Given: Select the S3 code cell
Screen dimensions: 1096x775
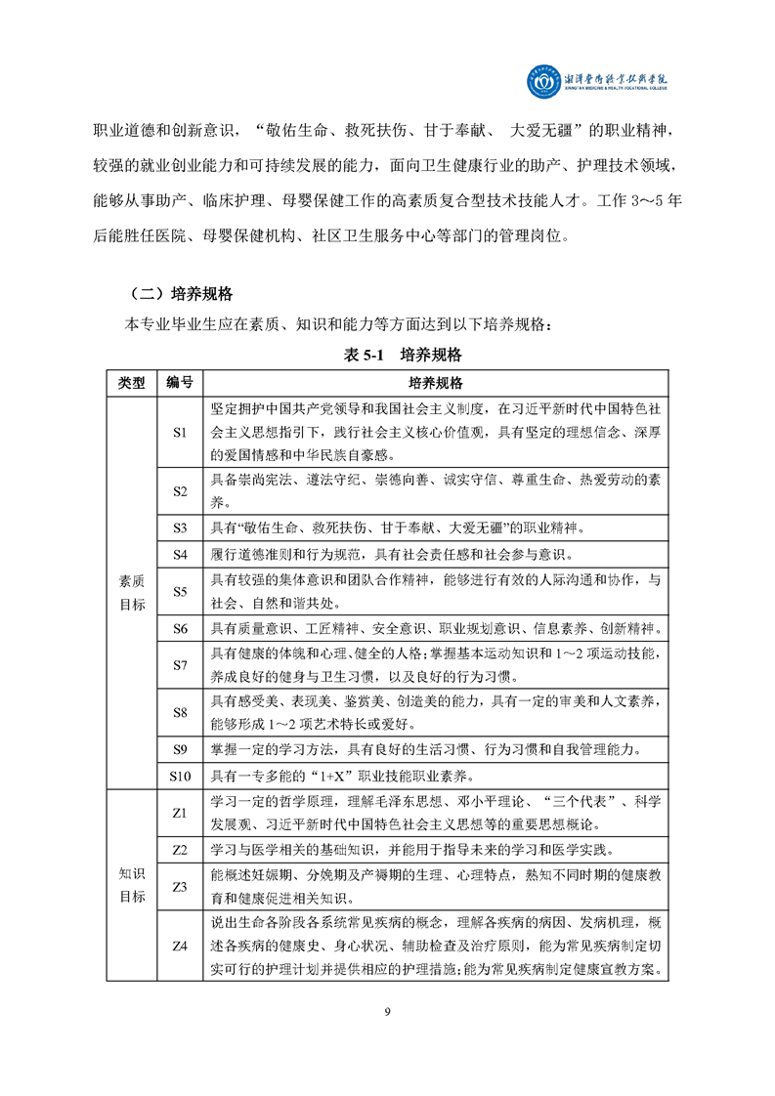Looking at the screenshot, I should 179,528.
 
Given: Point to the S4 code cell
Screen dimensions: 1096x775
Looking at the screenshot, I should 179,555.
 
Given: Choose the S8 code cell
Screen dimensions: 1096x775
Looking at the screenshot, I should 179,713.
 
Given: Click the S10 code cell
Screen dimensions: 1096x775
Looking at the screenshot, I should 179,777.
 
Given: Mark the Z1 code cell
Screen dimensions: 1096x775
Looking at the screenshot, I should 179,813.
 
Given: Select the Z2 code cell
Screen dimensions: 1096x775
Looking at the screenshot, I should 179,850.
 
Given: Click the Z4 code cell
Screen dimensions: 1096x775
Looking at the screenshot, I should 179,946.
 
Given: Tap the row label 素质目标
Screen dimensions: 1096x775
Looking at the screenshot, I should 131,592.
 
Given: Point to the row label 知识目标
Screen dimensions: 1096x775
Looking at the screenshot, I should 131,884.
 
